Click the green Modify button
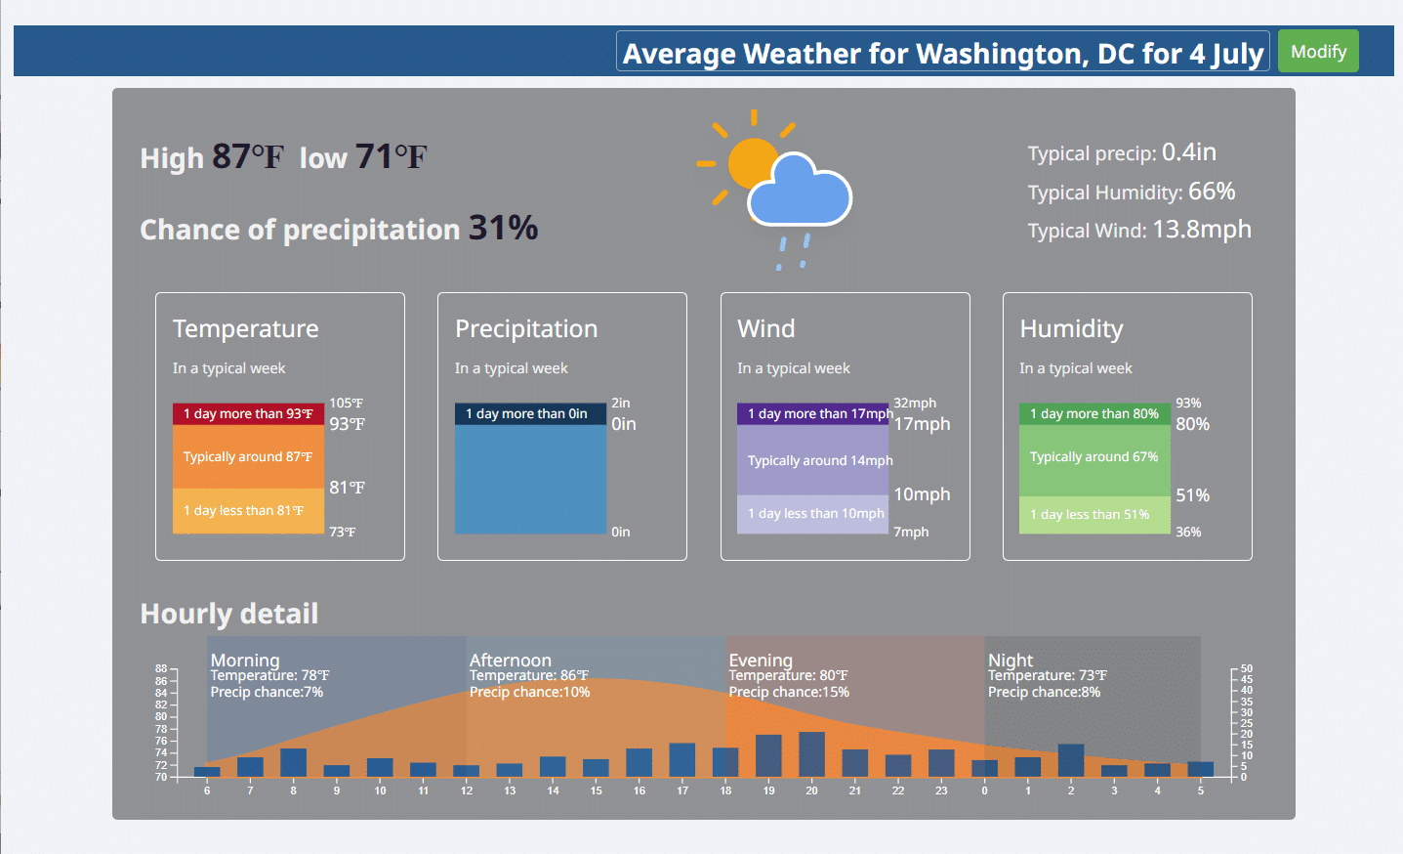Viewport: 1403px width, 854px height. (x=1318, y=52)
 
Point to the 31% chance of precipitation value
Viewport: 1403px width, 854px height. (x=503, y=228)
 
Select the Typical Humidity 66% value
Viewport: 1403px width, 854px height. (x=1212, y=192)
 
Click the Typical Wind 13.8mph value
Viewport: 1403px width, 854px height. (x=1202, y=230)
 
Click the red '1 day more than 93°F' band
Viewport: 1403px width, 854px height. (x=248, y=413)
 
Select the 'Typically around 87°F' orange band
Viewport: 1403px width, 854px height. (x=248, y=456)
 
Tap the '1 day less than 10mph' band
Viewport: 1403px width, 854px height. (x=813, y=514)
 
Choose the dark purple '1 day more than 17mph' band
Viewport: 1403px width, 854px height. (x=813, y=413)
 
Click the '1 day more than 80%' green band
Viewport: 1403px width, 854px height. (x=1094, y=413)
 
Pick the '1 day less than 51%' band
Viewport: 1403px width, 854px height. (x=1094, y=515)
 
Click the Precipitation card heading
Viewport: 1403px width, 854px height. (x=526, y=328)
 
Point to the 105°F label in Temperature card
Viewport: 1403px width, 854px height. (x=346, y=403)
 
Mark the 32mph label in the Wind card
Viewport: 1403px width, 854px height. (x=915, y=403)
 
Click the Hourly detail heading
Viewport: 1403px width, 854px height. (x=229, y=614)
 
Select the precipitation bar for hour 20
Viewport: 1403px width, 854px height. (x=811, y=754)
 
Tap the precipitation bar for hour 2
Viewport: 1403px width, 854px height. (x=1071, y=760)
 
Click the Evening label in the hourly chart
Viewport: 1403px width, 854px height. (x=761, y=661)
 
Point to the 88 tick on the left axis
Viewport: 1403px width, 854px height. (x=161, y=668)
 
